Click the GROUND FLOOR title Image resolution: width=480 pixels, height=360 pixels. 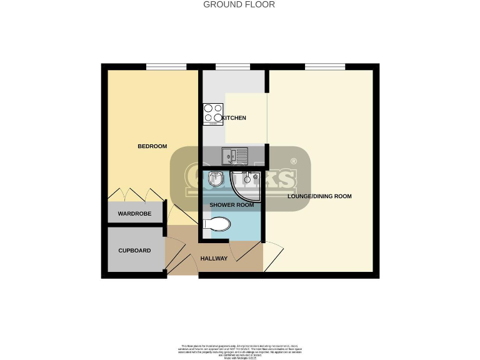click(239, 4)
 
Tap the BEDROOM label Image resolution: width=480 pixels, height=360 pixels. click(152, 146)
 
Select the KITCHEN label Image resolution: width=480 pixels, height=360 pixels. click(234, 118)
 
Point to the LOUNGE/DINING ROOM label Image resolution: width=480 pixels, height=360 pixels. click(319, 196)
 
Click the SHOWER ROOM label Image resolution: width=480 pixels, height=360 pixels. click(231, 205)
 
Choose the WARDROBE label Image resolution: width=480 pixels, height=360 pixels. click(135, 214)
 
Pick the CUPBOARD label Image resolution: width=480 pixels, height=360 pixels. click(135, 251)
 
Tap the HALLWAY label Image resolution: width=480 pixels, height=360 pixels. click(214, 259)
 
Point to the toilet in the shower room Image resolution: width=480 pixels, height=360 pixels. click(216, 224)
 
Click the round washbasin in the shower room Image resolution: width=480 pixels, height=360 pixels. click(215, 179)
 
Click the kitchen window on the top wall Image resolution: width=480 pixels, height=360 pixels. click(232, 66)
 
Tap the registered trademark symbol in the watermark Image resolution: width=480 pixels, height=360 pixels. click(293, 161)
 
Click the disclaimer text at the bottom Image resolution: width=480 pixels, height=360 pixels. click(239, 350)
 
